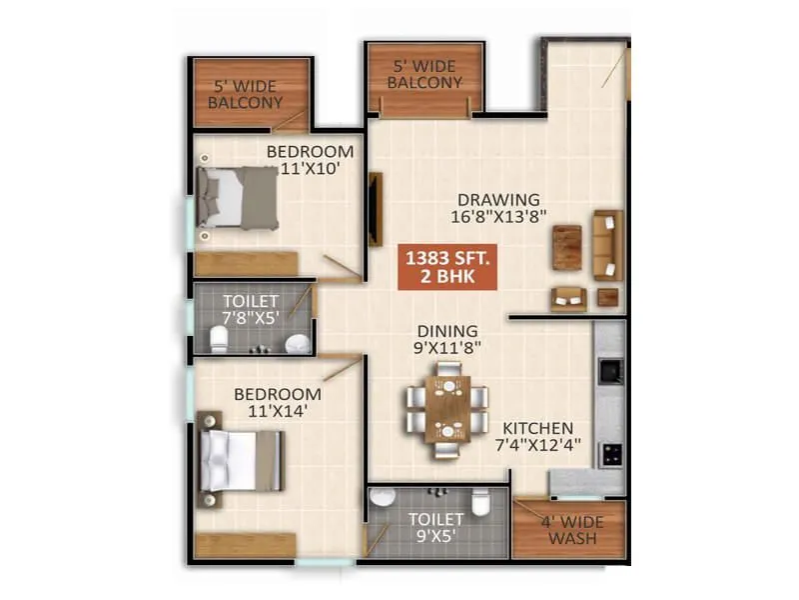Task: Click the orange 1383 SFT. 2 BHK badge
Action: [446, 266]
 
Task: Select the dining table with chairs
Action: [447, 408]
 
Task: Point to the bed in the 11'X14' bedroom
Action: [240, 459]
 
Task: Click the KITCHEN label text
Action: [537, 428]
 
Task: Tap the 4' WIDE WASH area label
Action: [571, 529]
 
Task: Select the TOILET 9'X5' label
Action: [435, 528]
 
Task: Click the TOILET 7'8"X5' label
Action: [251, 309]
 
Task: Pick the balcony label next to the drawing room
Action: [424, 75]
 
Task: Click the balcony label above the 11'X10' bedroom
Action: [247, 94]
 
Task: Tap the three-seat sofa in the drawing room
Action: [606, 244]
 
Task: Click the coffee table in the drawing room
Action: [566, 247]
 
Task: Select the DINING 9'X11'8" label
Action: [447, 340]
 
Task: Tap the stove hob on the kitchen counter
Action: [609, 452]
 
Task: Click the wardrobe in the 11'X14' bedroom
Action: [246, 545]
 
